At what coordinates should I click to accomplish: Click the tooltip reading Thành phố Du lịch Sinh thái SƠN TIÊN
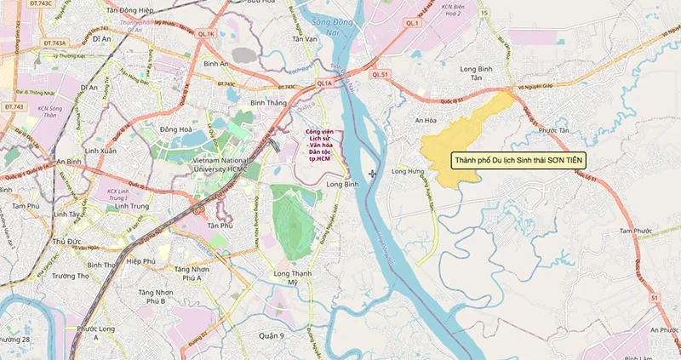[519, 160]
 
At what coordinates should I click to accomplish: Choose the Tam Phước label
[635, 231]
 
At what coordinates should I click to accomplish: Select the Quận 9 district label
[270, 335]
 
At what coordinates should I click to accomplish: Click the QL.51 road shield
[380, 75]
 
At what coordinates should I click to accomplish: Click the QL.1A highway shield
[324, 83]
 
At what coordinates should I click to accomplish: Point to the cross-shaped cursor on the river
[373, 174]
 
